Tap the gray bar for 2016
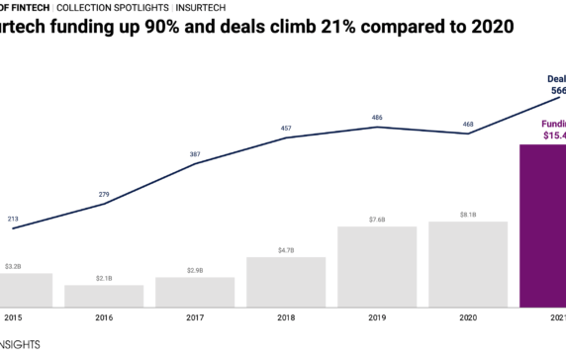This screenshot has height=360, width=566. pyautogui.click(x=104, y=296)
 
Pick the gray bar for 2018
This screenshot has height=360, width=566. pyautogui.click(x=286, y=282)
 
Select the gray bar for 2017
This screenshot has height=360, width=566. pyautogui.click(x=195, y=292)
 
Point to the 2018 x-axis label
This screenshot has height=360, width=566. pyautogui.click(x=286, y=317)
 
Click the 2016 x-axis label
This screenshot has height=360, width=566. pyautogui.click(x=104, y=317)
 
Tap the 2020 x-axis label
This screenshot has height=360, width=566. pyautogui.click(x=468, y=317)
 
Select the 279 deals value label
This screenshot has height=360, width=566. pyautogui.click(x=104, y=195)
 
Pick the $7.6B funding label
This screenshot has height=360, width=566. pyautogui.click(x=377, y=220)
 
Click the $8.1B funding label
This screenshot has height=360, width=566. pyautogui.click(x=468, y=214)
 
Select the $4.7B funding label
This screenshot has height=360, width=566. pyautogui.click(x=286, y=250)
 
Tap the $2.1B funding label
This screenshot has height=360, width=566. pyautogui.click(x=104, y=279)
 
